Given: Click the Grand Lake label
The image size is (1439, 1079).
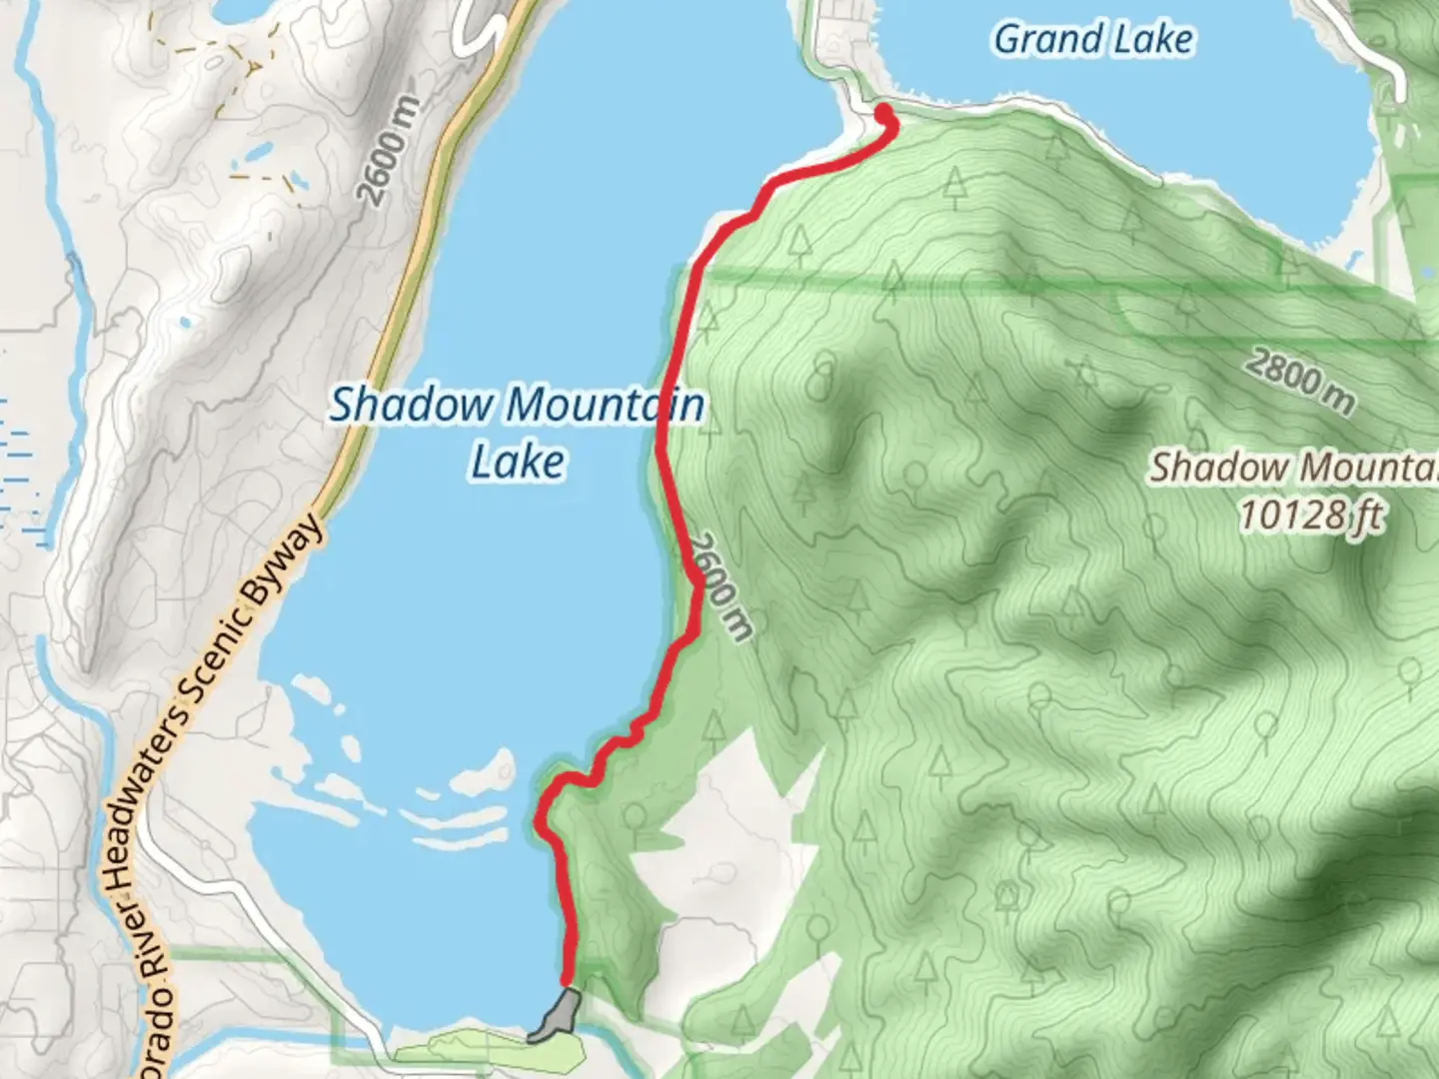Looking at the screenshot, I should point(1093,40).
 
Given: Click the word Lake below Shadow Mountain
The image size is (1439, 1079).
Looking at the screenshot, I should point(518,463).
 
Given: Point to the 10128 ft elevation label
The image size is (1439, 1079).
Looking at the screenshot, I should point(1311,516).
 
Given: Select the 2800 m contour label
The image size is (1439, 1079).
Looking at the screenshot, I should point(1300,381).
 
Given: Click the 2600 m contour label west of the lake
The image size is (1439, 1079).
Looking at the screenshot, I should point(390,152).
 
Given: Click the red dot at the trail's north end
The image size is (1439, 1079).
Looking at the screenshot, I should point(885,112).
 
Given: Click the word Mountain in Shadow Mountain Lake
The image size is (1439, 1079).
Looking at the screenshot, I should point(604,406).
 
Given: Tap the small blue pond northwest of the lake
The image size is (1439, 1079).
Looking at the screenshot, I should point(258,152).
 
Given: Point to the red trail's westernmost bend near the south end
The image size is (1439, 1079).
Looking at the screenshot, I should point(541,825).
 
